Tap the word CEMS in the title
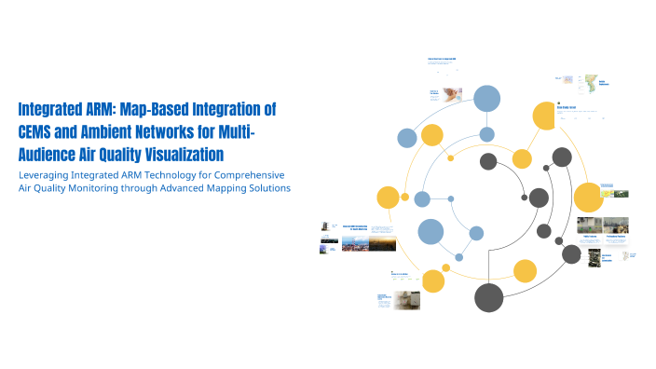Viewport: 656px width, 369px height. point(37,131)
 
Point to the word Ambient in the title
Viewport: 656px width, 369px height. point(114,131)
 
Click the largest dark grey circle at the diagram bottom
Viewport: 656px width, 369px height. point(489,297)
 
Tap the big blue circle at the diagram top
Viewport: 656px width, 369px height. point(487,97)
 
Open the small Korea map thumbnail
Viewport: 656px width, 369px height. point(588,83)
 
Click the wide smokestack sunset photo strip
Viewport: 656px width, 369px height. point(370,242)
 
